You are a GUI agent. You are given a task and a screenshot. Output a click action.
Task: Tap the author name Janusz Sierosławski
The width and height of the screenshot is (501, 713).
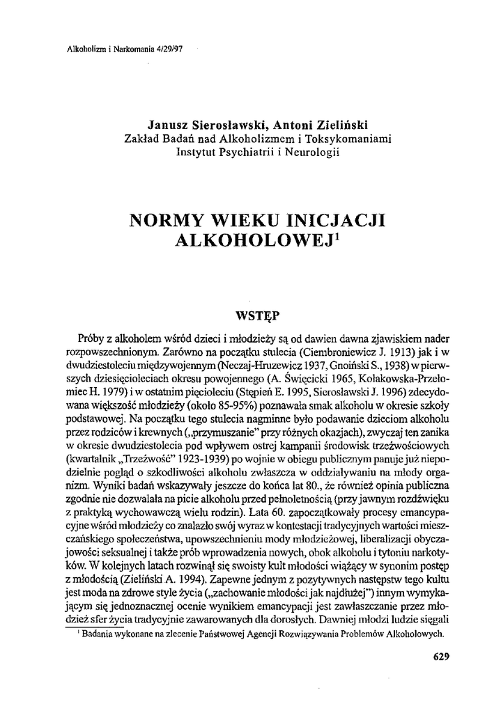click(x=206, y=127)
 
